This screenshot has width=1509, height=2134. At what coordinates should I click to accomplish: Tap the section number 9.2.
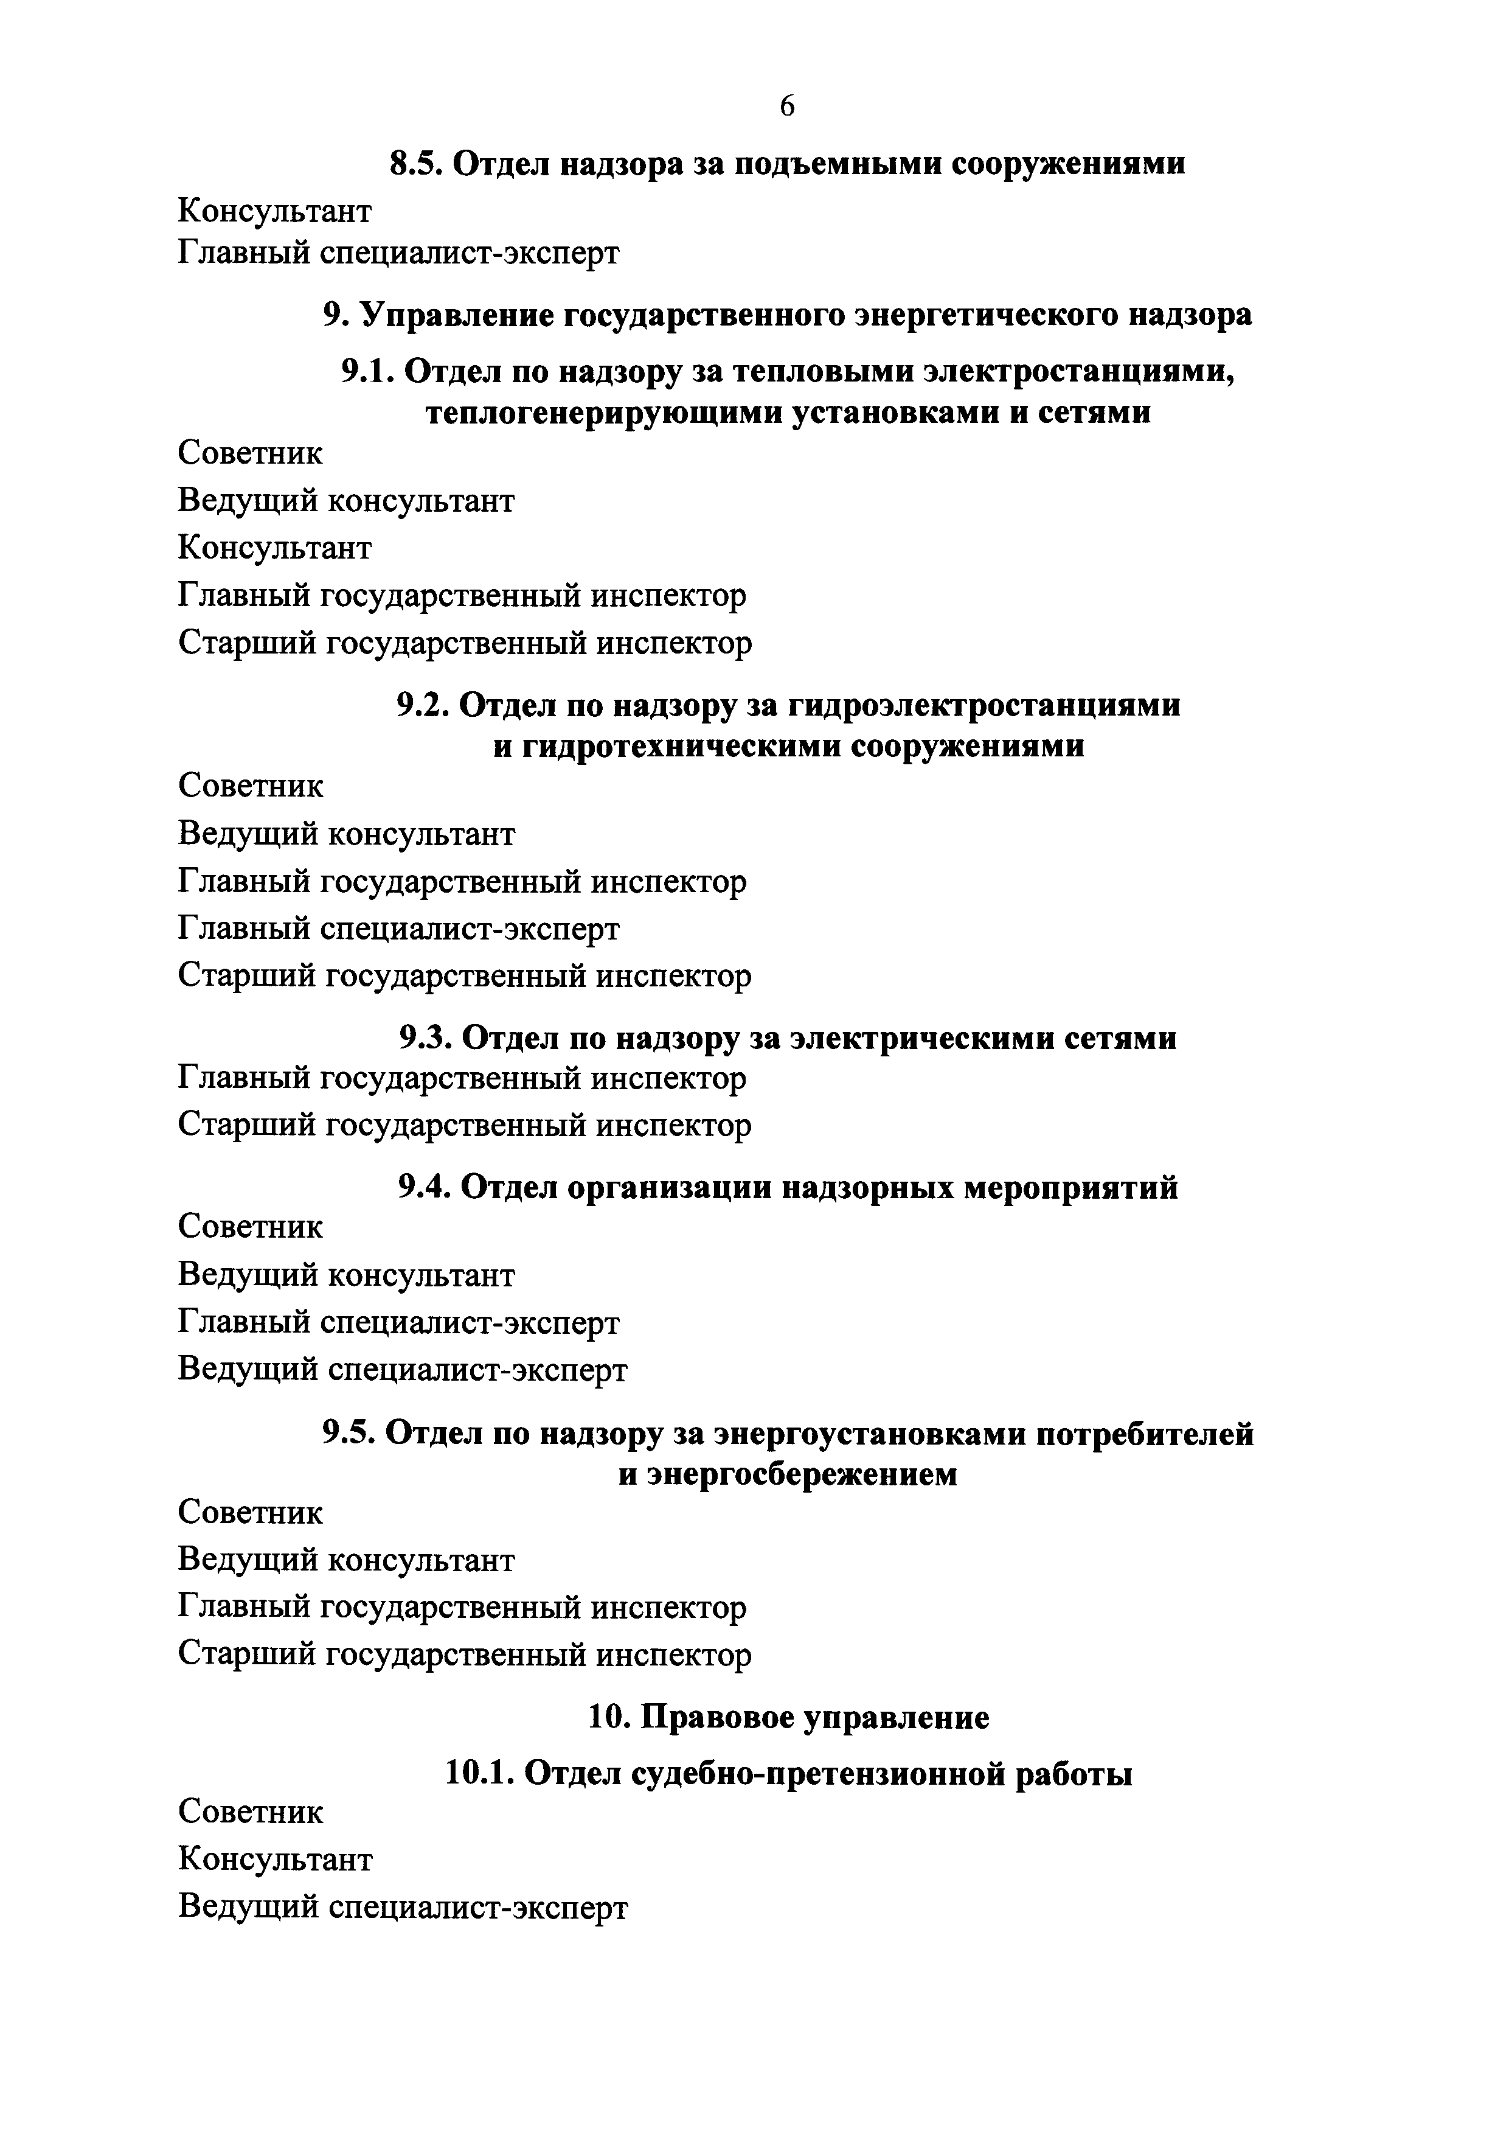pyautogui.click(x=424, y=705)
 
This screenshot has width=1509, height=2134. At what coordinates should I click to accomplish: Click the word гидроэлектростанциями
pyautogui.click(x=985, y=705)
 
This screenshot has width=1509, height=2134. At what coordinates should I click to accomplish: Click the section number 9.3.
pyautogui.click(x=426, y=1037)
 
